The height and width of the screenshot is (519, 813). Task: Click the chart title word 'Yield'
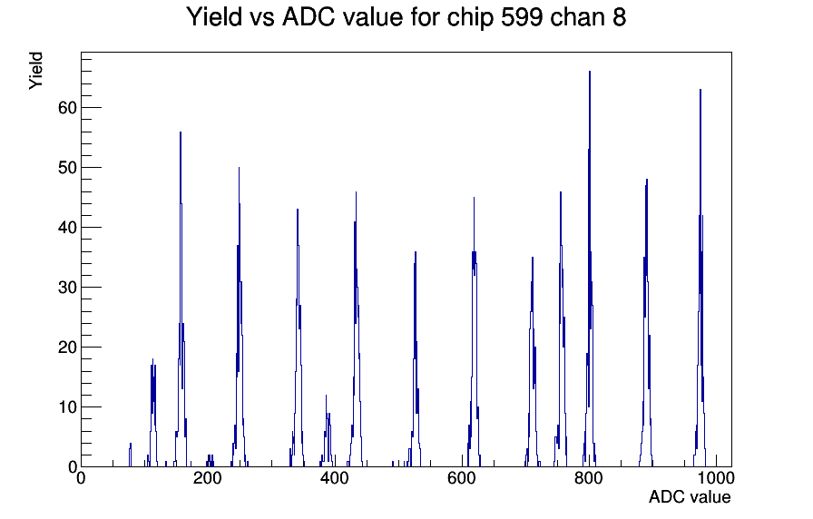point(214,17)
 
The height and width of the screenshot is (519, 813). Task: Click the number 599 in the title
point(522,17)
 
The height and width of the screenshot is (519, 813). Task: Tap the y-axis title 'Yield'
point(35,71)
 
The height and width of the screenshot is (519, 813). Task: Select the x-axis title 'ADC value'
point(690,496)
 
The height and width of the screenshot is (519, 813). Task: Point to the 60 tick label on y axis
point(67,108)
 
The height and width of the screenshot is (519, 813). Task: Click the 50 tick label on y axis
point(67,168)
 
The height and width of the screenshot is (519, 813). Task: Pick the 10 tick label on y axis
point(67,407)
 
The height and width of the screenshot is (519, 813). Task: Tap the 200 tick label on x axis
point(208,477)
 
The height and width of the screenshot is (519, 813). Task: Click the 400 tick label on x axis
point(335,477)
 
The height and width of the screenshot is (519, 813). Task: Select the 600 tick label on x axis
point(462,477)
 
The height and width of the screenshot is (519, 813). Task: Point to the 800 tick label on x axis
point(589,477)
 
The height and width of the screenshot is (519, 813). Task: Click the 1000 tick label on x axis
point(716,477)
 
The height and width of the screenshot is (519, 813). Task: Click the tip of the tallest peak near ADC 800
point(590,72)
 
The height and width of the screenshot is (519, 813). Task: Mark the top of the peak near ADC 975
point(700,90)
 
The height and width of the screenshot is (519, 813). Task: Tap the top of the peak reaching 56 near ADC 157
point(181,132)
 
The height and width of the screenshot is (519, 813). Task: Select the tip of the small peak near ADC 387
point(326,396)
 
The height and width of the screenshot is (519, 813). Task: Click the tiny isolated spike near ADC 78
point(130,444)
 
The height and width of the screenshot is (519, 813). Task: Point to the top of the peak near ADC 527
point(416,252)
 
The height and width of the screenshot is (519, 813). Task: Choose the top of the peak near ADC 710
point(532,258)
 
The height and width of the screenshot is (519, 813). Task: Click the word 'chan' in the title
point(575,17)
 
